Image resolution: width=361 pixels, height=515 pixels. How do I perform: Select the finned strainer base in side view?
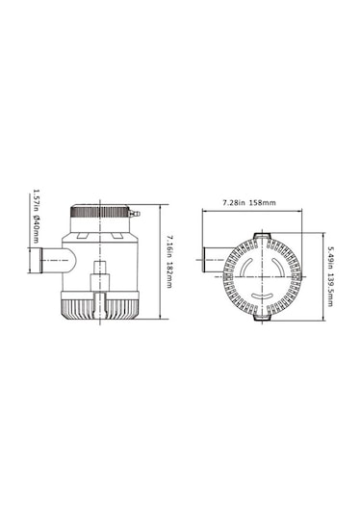[x=98, y=307]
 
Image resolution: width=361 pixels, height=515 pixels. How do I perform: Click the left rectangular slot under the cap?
[x=83, y=230]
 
